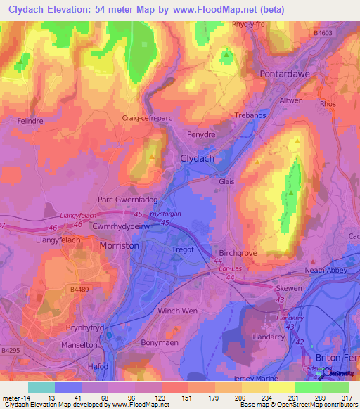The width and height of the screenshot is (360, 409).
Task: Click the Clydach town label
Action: [x=198, y=158]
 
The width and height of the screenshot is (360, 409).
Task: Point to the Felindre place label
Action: [x=32, y=121]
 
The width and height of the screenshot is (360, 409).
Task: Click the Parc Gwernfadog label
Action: [x=127, y=200]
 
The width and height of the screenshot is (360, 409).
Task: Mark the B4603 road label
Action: [x=324, y=32]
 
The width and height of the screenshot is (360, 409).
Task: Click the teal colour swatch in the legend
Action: [x=41, y=387]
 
